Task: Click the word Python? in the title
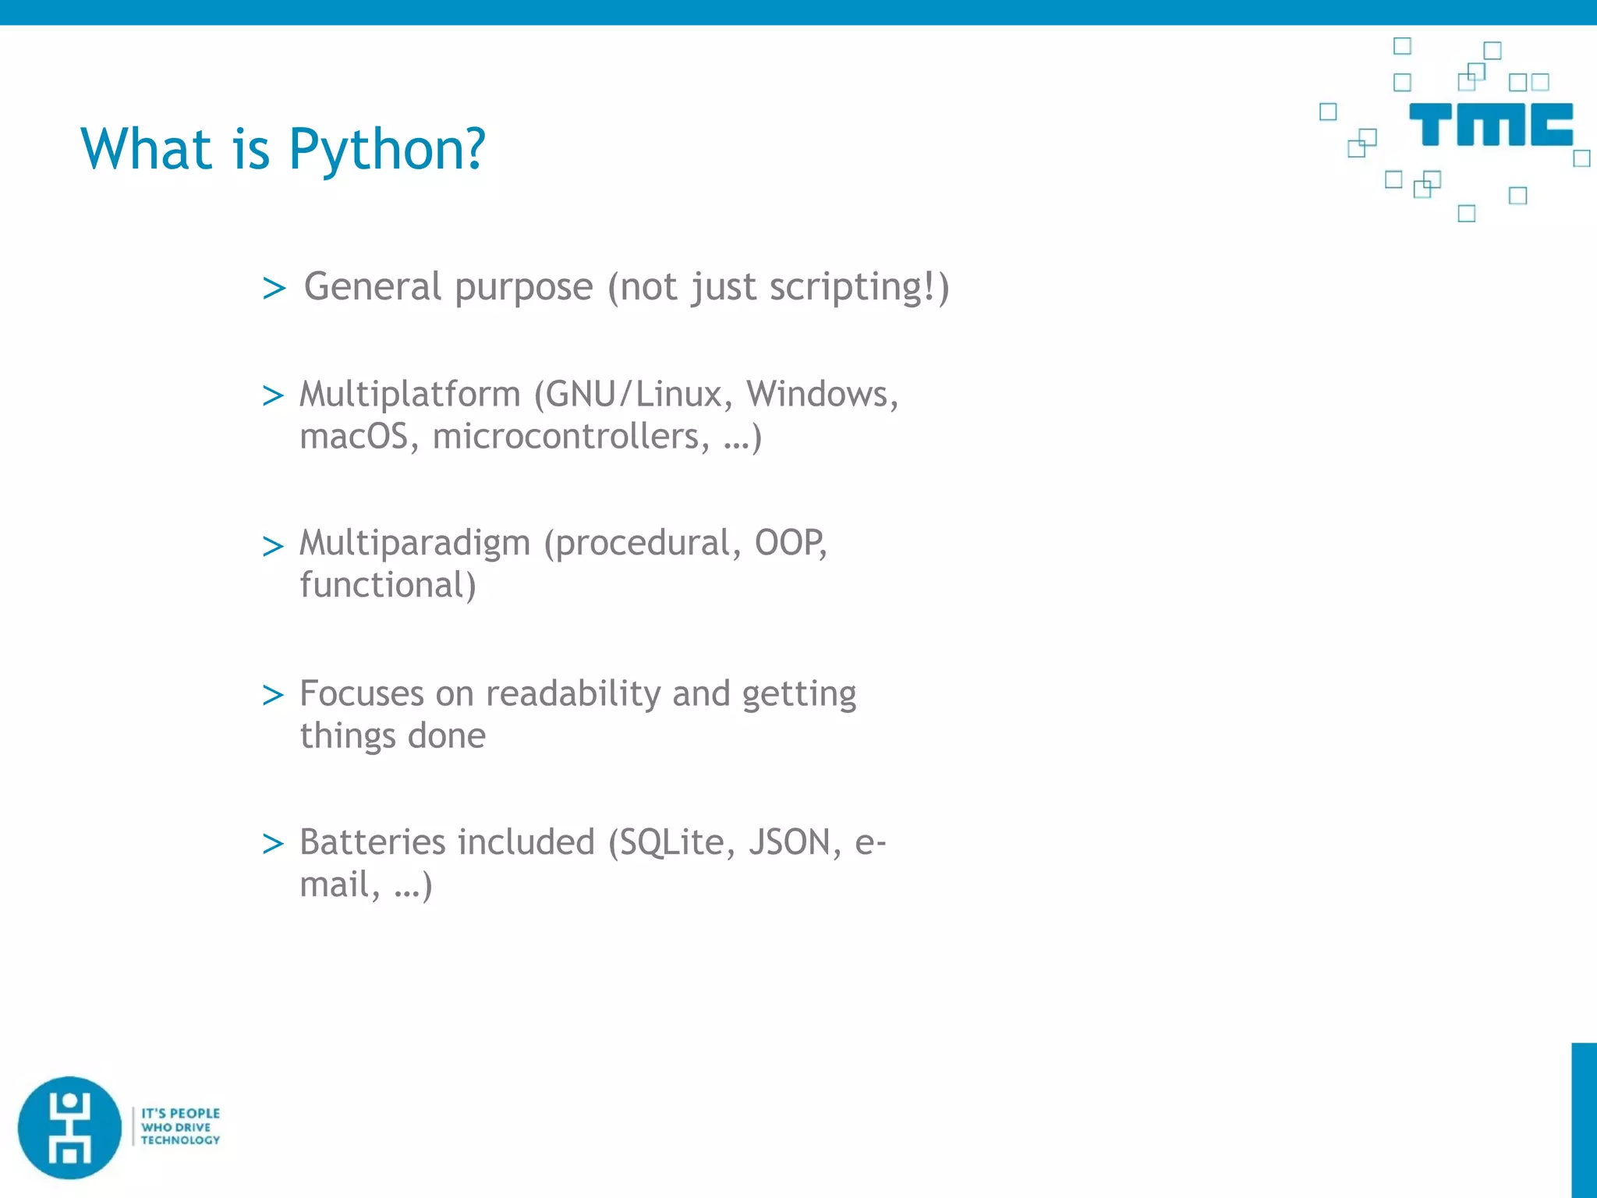tap(387, 150)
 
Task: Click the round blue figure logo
tap(69, 1128)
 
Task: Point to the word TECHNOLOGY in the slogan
tap(180, 1140)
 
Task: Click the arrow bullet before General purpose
tap(274, 288)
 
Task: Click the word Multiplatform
tap(409, 394)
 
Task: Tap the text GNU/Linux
tap(634, 394)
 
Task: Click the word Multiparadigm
tap(414, 544)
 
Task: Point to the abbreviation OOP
tap(789, 543)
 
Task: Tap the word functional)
tap(388, 585)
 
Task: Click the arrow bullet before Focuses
tap(273, 694)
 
